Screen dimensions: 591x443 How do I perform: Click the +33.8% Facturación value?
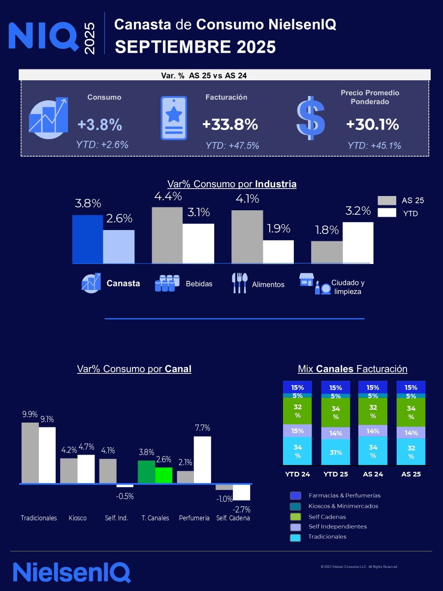[x=230, y=125]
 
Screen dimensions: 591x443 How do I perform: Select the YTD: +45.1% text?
[x=374, y=146]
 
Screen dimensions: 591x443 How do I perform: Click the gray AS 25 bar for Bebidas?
[x=167, y=235]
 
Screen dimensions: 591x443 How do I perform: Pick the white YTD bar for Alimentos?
[x=278, y=252]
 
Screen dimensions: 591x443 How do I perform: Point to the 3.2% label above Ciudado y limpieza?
[x=358, y=211]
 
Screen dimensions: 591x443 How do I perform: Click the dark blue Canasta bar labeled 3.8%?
[x=88, y=239]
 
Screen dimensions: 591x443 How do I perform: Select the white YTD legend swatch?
[x=387, y=213]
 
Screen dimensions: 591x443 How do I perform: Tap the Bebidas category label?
[x=199, y=284]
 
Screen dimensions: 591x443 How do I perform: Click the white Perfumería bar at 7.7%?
[x=202, y=460]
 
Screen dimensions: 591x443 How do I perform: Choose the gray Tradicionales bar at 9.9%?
[x=30, y=453]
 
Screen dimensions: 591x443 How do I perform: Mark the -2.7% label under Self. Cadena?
[x=242, y=509]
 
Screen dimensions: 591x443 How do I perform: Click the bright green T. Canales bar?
[x=164, y=475]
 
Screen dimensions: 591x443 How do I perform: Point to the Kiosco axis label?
[x=78, y=518]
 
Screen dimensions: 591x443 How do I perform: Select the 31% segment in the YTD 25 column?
[x=336, y=452]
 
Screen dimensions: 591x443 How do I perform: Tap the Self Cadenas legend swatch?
[x=296, y=517]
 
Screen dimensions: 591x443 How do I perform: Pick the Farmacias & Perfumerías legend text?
[x=345, y=495]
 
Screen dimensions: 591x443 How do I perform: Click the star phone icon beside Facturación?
[x=174, y=118]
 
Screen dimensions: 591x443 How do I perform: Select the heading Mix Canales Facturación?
[x=352, y=369]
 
